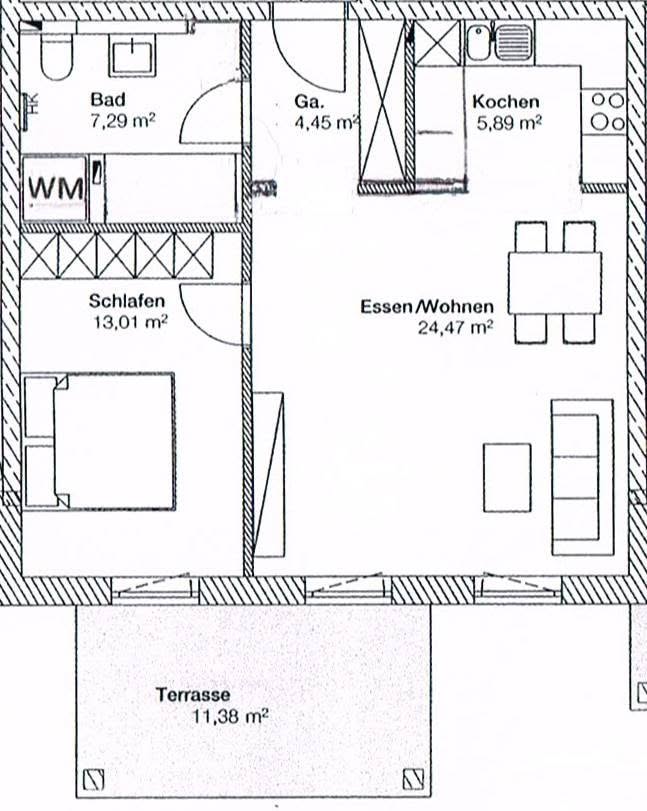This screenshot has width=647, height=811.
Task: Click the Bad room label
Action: click(x=108, y=99)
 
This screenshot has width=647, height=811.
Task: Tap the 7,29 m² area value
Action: click(x=123, y=122)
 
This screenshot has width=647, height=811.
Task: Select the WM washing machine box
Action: click(x=55, y=188)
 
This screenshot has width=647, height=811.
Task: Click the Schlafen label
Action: click(x=127, y=301)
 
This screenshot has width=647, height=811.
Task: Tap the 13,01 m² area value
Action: click(x=130, y=322)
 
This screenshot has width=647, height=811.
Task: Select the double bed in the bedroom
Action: click(x=99, y=442)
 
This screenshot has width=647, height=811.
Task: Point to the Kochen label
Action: click(x=505, y=101)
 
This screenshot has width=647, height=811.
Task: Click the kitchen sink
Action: click(x=499, y=43)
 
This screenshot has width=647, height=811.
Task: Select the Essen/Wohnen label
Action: click(x=427, y=306)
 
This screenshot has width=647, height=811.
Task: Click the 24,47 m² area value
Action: click(x=455, y=327)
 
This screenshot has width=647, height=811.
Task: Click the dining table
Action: click(x=555, y=283)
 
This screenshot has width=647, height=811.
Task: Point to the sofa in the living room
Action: click(x=583, y=477)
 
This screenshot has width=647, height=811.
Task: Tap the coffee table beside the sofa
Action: click(x=507, y=477)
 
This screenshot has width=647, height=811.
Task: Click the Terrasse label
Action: click(x=193, y=695)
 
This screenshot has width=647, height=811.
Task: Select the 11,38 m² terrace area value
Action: click(x=230, y=717)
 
